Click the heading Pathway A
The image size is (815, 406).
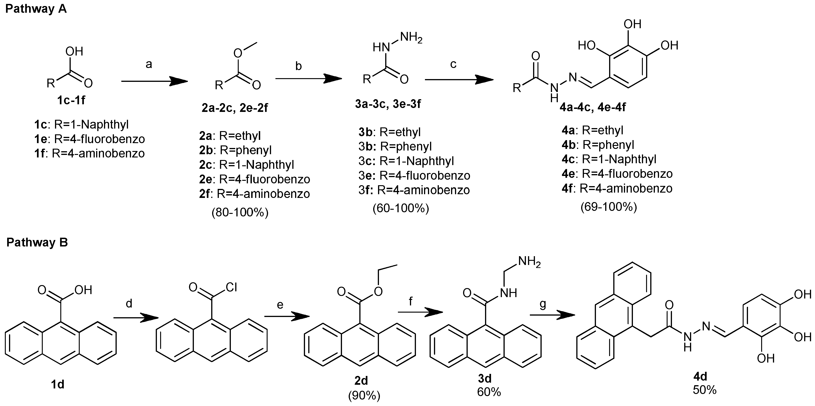[36, 9]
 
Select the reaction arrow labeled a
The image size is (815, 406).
[154, 81]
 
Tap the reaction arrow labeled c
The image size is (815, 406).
[459, 80]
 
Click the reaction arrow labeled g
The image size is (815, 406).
[552, 315]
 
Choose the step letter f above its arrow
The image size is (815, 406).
[411, 301]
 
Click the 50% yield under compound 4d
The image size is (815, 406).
[705, 390]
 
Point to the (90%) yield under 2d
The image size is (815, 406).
[364, 396]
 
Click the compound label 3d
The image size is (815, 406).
[484, 378]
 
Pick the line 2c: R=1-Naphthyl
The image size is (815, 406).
[247, 165]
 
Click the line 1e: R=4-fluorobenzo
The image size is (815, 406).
[89, 139]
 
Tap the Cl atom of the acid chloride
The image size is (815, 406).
[231, 287]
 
